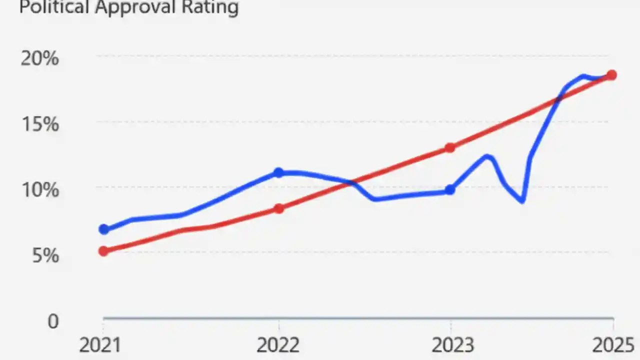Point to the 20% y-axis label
pos(39,59)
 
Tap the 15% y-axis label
pos(39,124)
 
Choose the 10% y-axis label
pos(39,190)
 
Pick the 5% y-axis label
pos(45,256)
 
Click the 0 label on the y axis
pos(53,321)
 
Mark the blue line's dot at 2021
pos(104,229)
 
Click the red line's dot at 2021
pos(103,251)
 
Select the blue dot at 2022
pos(278,173)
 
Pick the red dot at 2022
pos(279,208)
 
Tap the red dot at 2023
pos(450,148)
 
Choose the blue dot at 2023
pos(450,189)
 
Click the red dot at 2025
pos(611,75)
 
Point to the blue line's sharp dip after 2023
pos(522,200)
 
